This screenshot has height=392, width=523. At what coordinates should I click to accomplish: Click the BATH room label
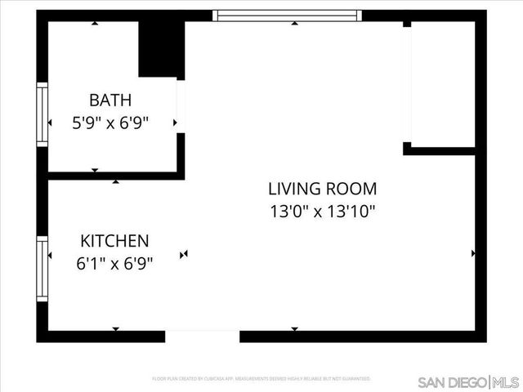coord(110,100)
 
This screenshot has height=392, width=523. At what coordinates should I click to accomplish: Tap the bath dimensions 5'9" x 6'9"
coord(110,123)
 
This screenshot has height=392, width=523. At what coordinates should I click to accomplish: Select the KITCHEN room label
coord(114,241)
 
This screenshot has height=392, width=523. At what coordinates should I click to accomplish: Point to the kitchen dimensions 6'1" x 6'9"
coord(114,264)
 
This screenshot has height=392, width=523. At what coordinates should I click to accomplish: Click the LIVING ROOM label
coord(323,189)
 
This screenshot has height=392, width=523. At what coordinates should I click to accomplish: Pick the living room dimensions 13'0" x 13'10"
coord(323,212)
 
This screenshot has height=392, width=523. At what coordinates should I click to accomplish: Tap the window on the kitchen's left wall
coord(41,269)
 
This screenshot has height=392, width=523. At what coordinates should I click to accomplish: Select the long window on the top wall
coord(287,15)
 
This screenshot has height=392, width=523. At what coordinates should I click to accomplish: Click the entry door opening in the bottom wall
coord(203,336)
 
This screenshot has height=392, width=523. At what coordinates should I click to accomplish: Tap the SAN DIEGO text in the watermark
coord(452,382)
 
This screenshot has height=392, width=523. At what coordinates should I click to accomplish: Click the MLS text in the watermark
coord(506,382)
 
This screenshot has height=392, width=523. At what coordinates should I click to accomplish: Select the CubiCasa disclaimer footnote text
coord(261,379)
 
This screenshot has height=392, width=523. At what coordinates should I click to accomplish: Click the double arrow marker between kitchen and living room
coord(185,254)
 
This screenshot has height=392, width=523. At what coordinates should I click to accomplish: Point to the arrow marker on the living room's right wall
coord(473,254)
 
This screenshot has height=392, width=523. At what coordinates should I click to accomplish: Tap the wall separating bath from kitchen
coord(114,176)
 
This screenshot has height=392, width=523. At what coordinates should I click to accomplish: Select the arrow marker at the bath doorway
coord(175,123)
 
